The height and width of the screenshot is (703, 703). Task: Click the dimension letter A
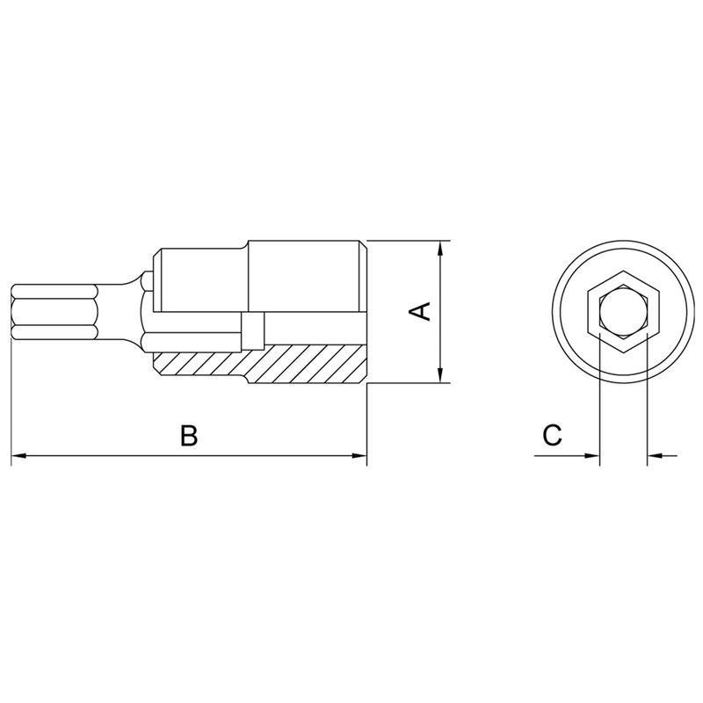coord(421,311)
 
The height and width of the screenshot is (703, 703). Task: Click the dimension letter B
coord(189,435)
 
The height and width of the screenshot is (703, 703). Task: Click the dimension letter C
coord(552,435)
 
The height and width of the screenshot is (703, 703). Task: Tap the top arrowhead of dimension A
coord(441,249)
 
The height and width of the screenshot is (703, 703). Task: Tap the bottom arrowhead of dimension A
coord(441,375)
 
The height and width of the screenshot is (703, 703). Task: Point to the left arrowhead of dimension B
coord(18,455)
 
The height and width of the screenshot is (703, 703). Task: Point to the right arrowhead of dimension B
coord(359,455)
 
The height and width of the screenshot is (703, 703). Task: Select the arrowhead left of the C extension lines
coord(591,455)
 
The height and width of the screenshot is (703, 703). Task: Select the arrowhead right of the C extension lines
coord(655,455)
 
